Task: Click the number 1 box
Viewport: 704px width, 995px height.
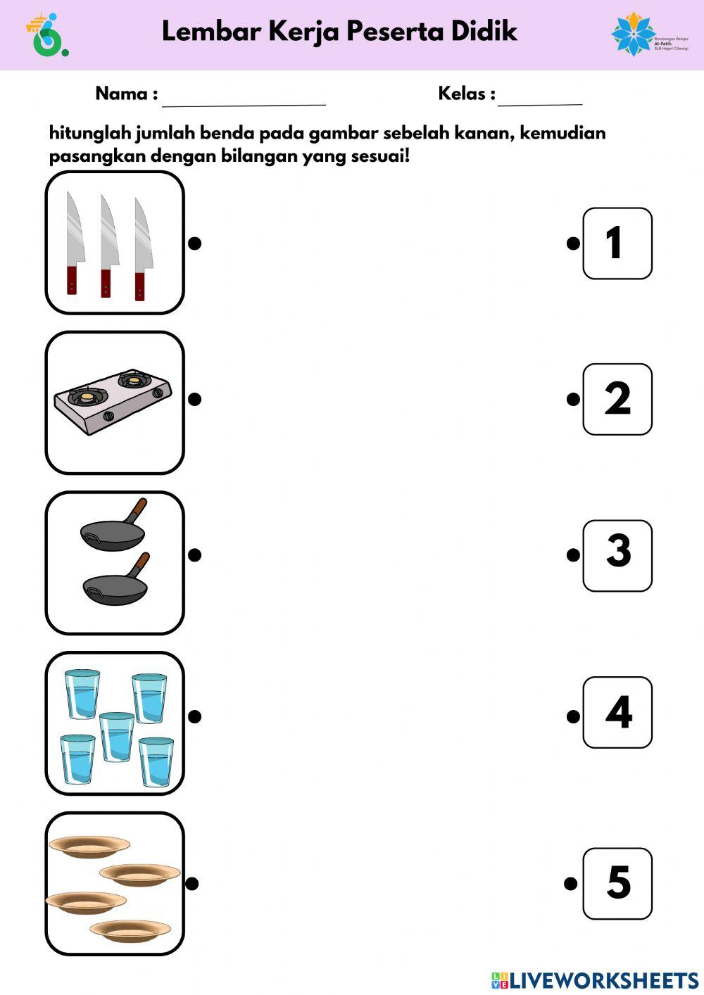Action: click(617, 243)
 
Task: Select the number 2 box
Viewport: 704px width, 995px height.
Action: click(617, 399)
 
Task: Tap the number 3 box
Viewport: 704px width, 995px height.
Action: click(617, 555)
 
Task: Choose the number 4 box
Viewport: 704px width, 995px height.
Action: click(617, 712)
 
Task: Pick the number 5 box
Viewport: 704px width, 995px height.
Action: click(617, 883)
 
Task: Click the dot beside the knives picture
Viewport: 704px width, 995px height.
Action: click(195, 243)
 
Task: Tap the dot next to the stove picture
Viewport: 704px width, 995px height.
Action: click(195, 399)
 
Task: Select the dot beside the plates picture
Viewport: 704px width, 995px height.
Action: click(191, 883)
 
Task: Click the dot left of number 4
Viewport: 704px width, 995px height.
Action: click(573, 716)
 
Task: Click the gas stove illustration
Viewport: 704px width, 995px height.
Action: click(113, 400)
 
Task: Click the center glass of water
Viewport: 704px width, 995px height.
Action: click(116, 736)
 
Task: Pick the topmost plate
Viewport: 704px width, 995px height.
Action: click(89, 846)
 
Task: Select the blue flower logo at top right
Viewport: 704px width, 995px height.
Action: click(632, 33)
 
